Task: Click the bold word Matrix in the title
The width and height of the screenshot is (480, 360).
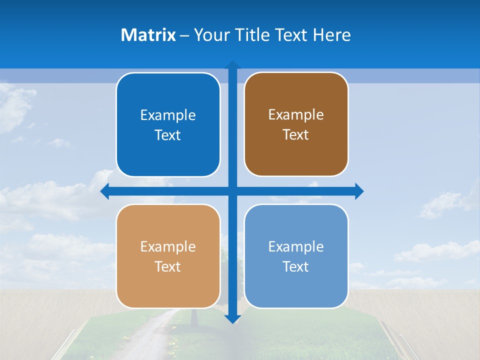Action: [148, 35]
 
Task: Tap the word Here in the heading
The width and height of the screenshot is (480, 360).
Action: [332, 35]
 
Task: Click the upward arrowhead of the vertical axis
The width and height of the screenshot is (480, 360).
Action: [232, 65]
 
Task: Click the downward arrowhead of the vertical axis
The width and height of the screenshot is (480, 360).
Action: [232, 318]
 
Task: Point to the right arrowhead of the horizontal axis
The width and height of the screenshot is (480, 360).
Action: [359, 191]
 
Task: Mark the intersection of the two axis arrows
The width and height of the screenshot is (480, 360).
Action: [232, 191]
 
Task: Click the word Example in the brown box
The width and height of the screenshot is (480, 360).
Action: [296, 115]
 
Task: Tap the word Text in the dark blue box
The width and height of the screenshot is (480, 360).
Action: [168, 135]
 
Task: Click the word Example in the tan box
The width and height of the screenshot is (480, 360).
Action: [168, 247]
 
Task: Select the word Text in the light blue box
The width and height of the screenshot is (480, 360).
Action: [296, 267]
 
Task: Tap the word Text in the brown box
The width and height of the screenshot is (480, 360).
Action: [296, 135]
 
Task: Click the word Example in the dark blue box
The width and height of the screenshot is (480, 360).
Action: [168, 115]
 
